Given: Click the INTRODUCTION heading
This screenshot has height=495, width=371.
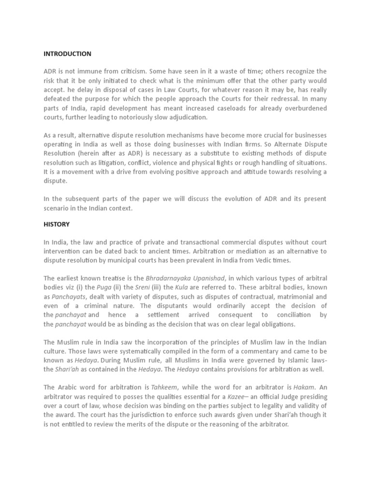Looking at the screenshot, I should tap(67, 54).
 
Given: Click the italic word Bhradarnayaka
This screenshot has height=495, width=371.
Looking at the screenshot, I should tap(171, 278).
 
